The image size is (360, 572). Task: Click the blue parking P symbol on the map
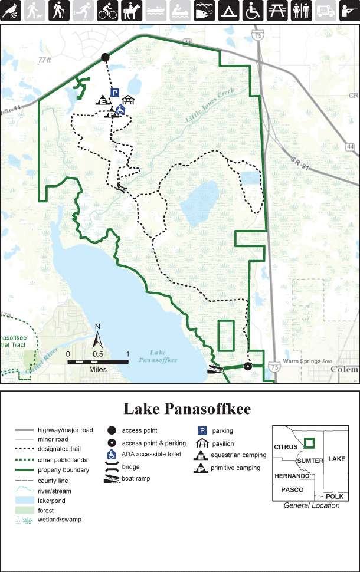pos(115,92)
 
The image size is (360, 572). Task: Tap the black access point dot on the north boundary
pos(105,57)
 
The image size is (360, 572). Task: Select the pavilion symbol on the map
pos(129,101)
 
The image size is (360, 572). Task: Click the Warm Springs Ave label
pos(308,361)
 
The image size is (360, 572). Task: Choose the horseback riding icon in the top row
pos(131,10)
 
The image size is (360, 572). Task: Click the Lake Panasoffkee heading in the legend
pos(187,409)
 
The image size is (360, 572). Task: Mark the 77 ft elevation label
pos(45,60)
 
